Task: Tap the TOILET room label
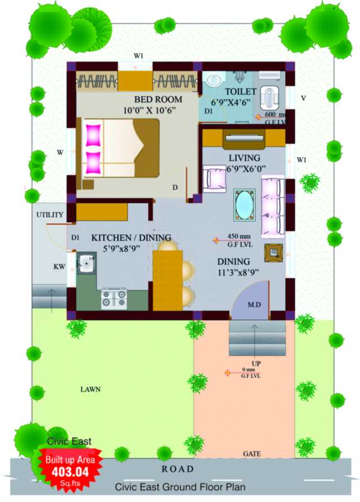[x=240, y=91]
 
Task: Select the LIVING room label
[x=244, y=158]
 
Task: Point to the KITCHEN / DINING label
[x=131, y=237]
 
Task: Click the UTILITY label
[x=50, y=215]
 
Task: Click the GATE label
[x=251, y=453]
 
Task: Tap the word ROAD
[x=178, y=469]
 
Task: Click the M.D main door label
[x=254, y=304]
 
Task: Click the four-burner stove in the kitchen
[x=113, y=298]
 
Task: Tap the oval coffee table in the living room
[x=245, y=205]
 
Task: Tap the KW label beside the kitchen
[x=60, y=266]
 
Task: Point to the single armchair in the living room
[x=214, y=178]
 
